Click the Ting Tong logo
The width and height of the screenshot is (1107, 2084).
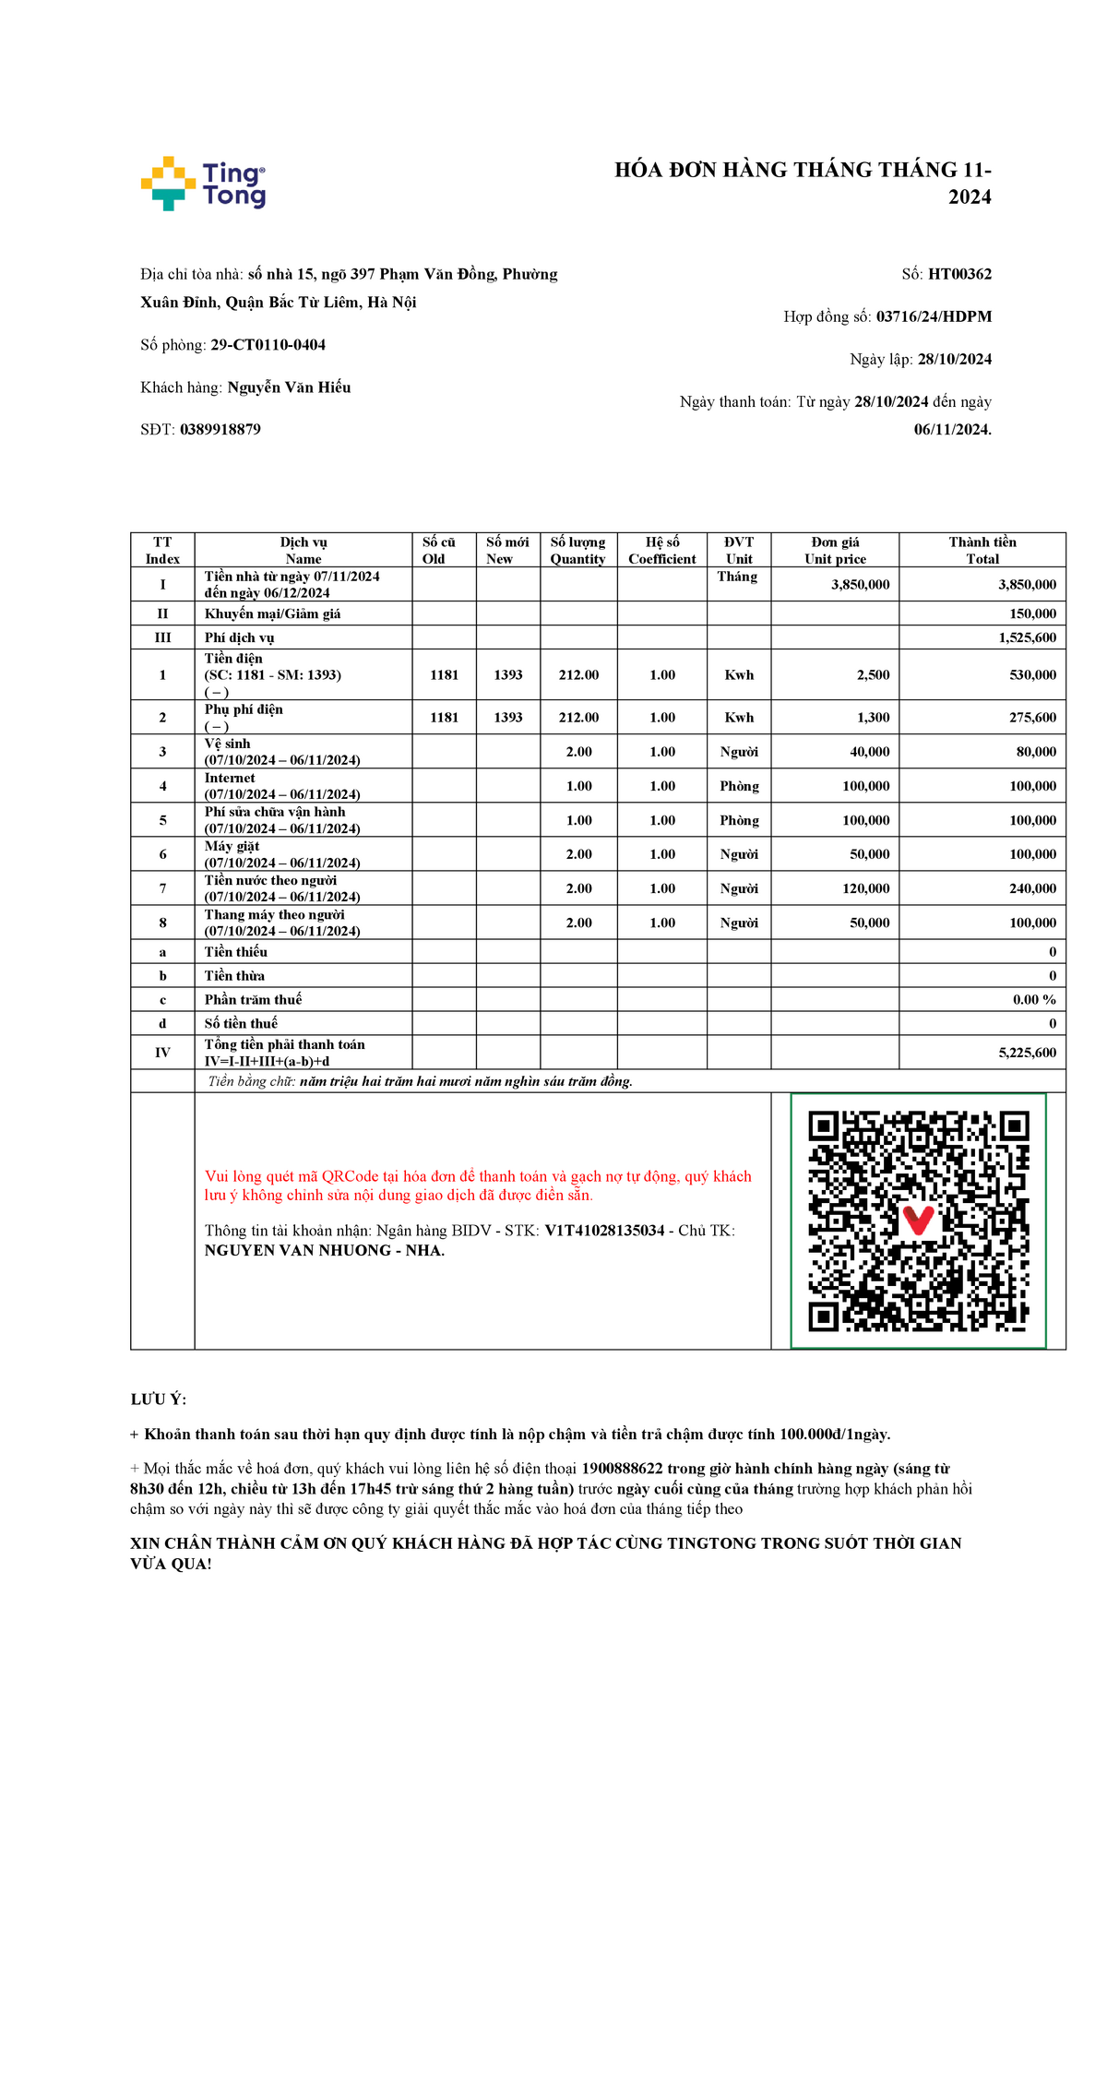coord(203,184)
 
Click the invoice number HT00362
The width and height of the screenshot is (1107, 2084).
coord(959,274)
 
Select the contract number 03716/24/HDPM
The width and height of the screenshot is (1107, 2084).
coord(934,316)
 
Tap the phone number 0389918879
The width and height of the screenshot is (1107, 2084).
coord(220,429)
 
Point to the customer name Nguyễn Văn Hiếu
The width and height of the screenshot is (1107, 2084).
coord(289,387)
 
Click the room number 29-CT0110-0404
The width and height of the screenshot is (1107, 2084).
coord(268,345)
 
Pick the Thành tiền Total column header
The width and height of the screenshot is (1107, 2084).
coord(982,550)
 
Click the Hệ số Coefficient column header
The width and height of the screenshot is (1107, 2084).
coord(662,550)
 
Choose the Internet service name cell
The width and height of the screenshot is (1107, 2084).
coord(282,786)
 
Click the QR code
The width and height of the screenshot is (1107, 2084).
coord(918,1221)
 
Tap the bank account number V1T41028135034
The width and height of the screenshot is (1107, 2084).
coord(604,1231)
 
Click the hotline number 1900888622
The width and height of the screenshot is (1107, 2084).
coord(622,1469)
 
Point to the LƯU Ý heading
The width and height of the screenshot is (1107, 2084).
coord(159,1399)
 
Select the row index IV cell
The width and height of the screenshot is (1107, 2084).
coord(162,1053)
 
